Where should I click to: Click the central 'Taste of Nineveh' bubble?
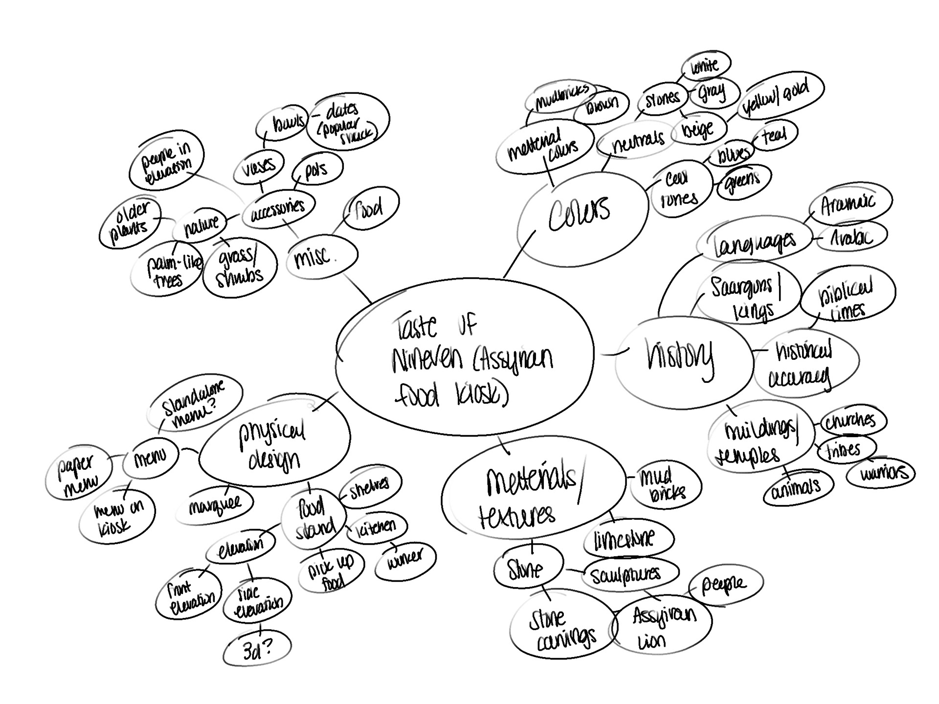(465, 357)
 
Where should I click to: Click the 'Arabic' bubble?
(851, 238)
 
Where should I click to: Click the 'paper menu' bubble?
(78, 472)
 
